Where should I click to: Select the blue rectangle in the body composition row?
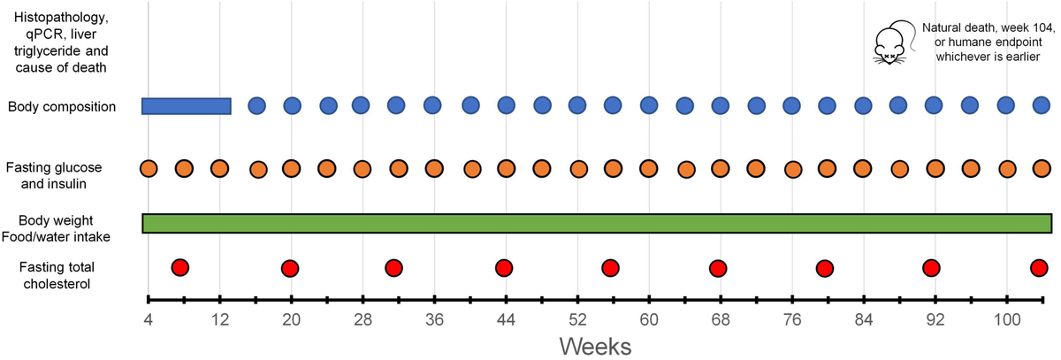click(187, 106)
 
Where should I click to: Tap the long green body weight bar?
click(597, 223)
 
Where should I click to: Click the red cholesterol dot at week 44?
click(504, 268)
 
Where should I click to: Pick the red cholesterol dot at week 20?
click(289, 268)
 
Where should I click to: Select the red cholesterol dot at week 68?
click(718, 268)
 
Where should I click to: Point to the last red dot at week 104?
click(1040, 268)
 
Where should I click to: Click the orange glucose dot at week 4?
click(149, 168)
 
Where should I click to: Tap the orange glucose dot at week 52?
click(578, 169)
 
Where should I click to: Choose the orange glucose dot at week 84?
click(862, 168)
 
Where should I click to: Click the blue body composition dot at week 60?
click(649, 105)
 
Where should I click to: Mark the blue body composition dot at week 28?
click(361, 105)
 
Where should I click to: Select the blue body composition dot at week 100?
click(1006, 105)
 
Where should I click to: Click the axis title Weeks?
click(595, 344)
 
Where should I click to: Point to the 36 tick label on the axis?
click(432, 318)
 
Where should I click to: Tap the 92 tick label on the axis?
click(934, 318)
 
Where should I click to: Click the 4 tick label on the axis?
click(148, 318)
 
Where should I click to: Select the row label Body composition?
click(61, 107)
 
